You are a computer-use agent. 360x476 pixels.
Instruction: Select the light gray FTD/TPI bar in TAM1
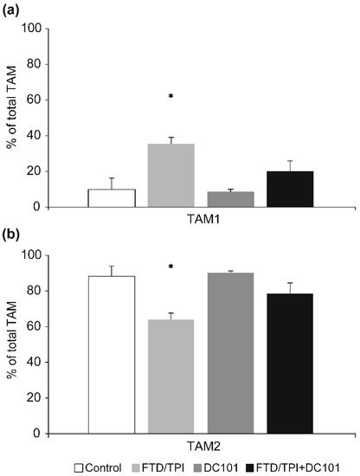(x=171, y=176)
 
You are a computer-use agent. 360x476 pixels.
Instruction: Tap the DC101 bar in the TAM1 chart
(x=230, y=199)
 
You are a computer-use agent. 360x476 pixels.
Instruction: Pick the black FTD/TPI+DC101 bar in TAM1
(x=290, y=189)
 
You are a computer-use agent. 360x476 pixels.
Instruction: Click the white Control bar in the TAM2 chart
(x=112, y=355)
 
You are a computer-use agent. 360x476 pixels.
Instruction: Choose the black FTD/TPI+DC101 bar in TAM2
(x=290, y=363)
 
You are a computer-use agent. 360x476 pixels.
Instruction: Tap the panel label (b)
(x=15, y=236)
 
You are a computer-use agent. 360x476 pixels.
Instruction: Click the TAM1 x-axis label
(x=201, y=219)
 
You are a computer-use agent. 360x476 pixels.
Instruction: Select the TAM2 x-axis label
(x=201, y=446)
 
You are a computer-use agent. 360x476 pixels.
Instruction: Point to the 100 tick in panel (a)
(x=55, y=28)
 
